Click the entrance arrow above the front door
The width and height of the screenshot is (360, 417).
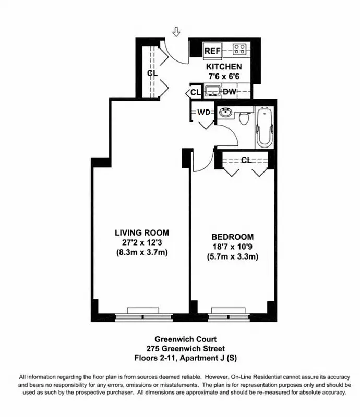click(x=176, y=32)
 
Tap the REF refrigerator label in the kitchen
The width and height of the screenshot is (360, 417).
click(x=212, y=51)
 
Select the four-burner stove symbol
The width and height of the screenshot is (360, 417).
click(x=239, y=50)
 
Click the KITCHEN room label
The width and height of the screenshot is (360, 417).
click(x=224, y=67)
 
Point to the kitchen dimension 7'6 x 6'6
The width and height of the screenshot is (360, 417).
click(x=224, y=77)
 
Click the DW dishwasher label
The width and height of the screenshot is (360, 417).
click(x=229, y=92)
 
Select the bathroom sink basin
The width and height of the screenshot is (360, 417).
click(x=226, y=113)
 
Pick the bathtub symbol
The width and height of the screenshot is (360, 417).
click(x=265, y=128)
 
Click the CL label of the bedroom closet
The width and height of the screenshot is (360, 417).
click(x=246, y=160)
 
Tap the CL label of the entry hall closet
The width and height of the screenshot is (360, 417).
click(x=152, y=73)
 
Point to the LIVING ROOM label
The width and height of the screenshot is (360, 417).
click(x=142, y=233)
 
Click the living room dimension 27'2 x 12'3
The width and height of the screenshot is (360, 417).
click(x=142, y=242)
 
